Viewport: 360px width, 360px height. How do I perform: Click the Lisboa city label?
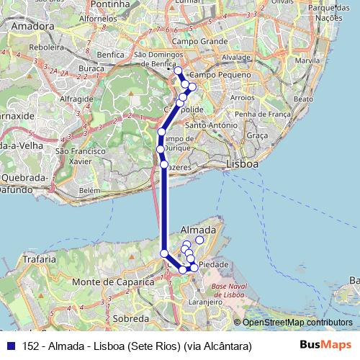[242, 164]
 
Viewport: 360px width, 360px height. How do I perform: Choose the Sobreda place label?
[130, 318]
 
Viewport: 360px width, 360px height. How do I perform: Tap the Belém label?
[89, 190]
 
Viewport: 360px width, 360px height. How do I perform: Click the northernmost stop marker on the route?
[178, 71]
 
